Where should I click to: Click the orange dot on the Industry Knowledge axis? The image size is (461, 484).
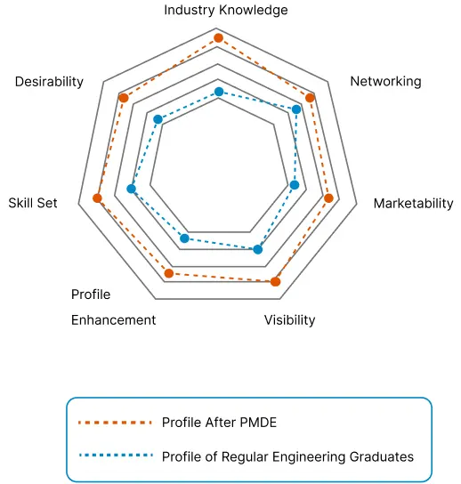(x=218, y=38)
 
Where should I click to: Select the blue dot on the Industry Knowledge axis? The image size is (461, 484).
(x=219, y=92)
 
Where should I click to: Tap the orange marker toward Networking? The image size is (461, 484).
(x=310, y=98)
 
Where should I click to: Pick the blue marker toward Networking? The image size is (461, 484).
(x=296, y=109)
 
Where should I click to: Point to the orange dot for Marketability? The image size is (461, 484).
(x=329, y=198)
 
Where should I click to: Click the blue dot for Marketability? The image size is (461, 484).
(x=295, y=185)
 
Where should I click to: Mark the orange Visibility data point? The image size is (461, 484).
(x=275, y=281)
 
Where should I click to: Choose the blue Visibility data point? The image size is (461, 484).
(x=258, y=249)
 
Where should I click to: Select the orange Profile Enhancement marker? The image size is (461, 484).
(x=169, y=273)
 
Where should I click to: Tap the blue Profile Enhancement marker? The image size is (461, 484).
(x=184, y=238)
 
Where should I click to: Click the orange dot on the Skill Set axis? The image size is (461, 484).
(x=97, y=198)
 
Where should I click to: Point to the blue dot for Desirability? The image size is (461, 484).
(x=158, y=119)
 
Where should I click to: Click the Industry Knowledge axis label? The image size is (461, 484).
(x=226, y=10)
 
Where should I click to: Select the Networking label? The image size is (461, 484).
(x=385, y=82)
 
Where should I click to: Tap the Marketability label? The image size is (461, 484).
(x=414, y=204)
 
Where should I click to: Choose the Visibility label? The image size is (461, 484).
(x=289, y=320)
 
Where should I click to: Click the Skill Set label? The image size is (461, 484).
(x=33, y=203)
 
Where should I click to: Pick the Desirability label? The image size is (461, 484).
(x=49, y=82)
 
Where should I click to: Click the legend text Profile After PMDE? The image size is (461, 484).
(x=219, y=423)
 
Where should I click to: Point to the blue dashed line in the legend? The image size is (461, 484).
(x=116, y=455)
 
